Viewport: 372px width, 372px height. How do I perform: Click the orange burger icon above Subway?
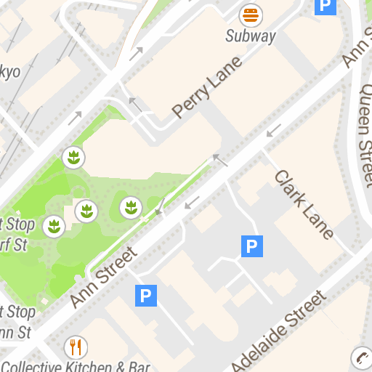(x=251, y=15)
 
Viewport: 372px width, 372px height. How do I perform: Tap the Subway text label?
(x=251, y=36)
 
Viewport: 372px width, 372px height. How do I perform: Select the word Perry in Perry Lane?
(x=188, y=103)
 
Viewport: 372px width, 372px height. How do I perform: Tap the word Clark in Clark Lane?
(x=290, y=190)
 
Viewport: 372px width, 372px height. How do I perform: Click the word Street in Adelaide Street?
(x=306, y=309)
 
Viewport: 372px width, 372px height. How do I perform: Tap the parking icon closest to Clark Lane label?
(x=251, y=247)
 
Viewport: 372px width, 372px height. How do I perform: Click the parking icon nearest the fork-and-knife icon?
(x=146, y=295)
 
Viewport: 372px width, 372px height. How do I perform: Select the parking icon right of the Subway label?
(x=325, y=7)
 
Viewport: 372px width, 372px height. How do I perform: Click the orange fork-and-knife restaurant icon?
(x=75, y=346)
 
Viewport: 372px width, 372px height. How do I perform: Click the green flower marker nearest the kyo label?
(x=73, y=156)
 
